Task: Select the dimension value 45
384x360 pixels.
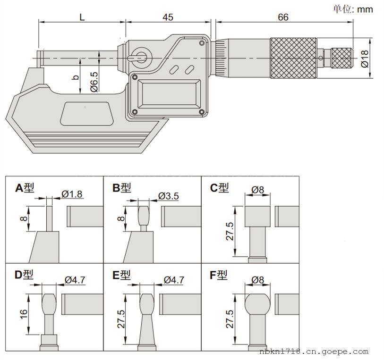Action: [168, 17]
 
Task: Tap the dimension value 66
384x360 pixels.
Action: [283, 17]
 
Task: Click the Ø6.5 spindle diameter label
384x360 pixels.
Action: [94, 81]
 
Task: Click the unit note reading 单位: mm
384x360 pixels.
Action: [353, 8]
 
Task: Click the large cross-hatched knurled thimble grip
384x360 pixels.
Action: [293, 59]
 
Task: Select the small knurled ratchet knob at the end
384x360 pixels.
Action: [341, 58]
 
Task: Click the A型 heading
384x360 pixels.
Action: [25, 188]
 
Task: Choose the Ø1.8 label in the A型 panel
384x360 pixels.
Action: [72, 193]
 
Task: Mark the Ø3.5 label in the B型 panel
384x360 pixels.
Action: [168, 195]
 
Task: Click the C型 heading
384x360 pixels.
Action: [220, 188]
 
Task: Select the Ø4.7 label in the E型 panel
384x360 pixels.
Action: [173, 280]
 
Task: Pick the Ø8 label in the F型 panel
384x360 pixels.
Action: [257, 280]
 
